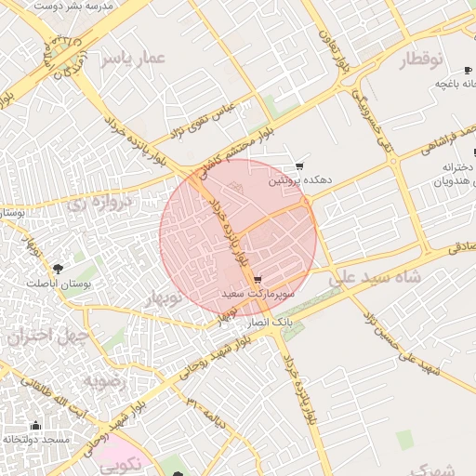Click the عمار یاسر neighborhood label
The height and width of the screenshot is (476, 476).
coord(132,59)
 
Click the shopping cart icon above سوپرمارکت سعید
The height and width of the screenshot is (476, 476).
coord(257,279)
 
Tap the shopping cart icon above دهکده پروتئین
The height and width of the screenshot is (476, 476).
coord(299,165)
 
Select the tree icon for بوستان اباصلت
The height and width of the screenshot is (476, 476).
coord(59,268)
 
